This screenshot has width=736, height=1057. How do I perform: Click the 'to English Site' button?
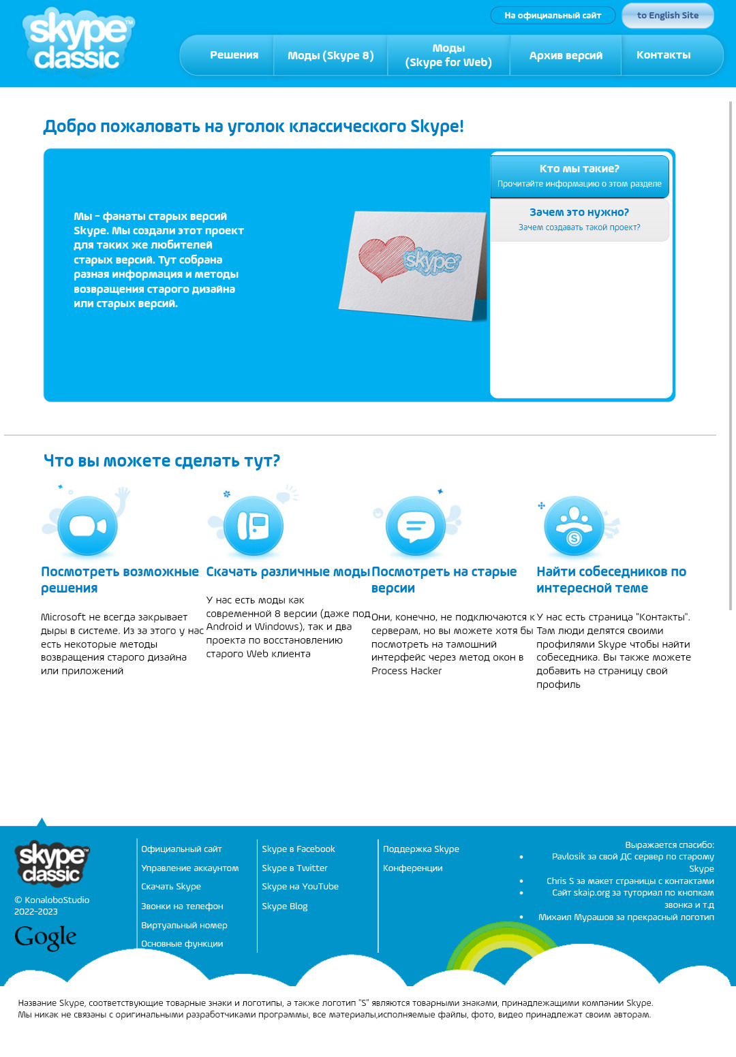(667, 16)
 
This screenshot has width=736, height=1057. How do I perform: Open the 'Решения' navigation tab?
(234, 55)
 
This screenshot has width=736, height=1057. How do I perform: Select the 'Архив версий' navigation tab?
(566, 55)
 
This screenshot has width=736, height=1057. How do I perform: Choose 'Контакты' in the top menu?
(663, 55)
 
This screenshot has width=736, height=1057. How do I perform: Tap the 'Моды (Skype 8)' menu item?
(331, 55)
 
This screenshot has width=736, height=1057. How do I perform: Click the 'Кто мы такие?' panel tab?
(579, 176)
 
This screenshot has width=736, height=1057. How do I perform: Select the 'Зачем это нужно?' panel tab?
(579, 219)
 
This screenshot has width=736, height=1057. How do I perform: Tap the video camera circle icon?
(88, 526)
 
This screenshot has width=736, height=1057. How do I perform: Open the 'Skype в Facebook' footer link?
(298, 849)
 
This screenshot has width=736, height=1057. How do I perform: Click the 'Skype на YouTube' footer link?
(300, 887)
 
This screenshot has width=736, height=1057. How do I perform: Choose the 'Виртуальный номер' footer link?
(184, 926)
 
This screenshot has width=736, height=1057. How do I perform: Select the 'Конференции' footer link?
(412, 868)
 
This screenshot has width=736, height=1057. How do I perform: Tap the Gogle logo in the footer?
(46, 938)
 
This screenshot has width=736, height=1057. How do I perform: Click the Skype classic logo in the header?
(78, 41)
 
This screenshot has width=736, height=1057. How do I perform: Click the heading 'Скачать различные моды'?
(288, 572)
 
